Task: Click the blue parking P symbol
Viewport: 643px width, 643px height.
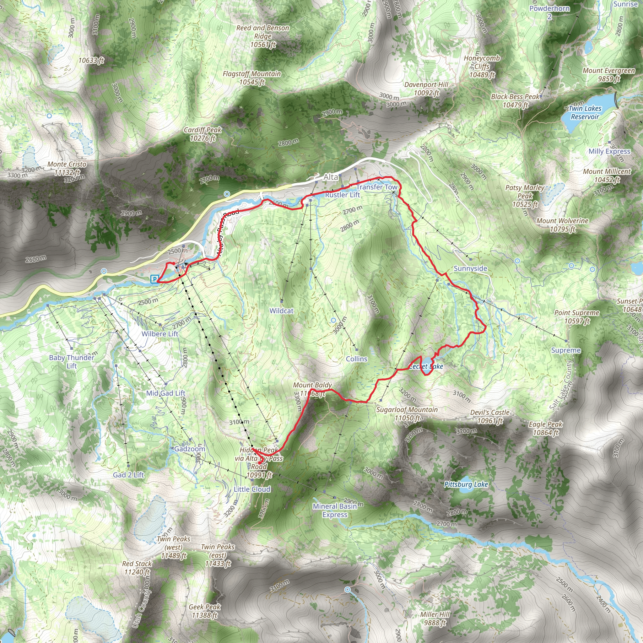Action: click(x=154, y=279)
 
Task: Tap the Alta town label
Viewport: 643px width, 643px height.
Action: click(x=331, y=177)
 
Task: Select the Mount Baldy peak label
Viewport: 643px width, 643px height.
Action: click(x=312, y=389)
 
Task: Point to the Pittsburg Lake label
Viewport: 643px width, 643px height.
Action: click(x=466, y=484)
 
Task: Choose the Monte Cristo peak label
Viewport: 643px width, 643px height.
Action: click(x=67, y=168)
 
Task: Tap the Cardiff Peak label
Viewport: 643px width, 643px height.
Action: click(x=203, y=134)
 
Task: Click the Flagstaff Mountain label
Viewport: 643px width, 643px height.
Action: click(x=251, y=78)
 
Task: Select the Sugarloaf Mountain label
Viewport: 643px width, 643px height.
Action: click(x=407, y=414)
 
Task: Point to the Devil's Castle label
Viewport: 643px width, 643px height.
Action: click(x=489, y=416)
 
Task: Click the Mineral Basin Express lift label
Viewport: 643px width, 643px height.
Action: click(x=334, y=510)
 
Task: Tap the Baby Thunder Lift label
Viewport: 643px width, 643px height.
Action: click(x=72, y=361)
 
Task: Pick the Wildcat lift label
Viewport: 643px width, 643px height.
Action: click(x=282, y=311)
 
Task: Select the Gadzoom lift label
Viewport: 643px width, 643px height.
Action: click(x=190, y=449)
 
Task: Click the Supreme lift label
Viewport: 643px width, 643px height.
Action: click(x=566, y=350)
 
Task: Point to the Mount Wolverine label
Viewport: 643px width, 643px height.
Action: click(x=562, y=225)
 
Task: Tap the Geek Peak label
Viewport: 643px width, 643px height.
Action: click(x=204, y=611)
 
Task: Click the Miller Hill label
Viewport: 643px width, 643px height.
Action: click(x=435, y=619)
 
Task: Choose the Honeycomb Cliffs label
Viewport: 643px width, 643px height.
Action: click(x=482, y=66)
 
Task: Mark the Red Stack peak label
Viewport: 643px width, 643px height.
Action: click(x=137, y=568)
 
